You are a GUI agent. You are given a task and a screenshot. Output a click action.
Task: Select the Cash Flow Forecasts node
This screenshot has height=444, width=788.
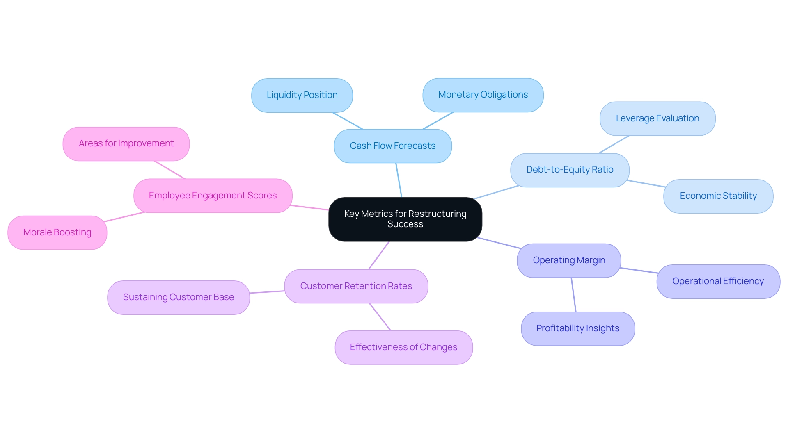click(x=393, y=146)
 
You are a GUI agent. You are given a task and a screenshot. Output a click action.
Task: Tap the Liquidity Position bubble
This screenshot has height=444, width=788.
click(x=302, y=95)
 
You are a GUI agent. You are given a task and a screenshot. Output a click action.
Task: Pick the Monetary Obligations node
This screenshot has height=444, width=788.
click(x=483, y=95)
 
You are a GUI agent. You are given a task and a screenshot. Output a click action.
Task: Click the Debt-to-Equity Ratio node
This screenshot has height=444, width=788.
click(x=570, y=170)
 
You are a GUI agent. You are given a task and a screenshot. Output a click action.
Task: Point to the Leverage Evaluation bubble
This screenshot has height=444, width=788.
click(x=657, y=118)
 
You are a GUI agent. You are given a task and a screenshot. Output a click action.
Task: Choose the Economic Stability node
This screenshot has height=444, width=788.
click(x=718, y=196)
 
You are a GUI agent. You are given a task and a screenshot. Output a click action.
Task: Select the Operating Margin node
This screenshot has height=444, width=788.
click(x=569, y=260)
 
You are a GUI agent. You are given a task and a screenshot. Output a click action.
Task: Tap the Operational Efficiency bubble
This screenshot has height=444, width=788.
click(x=718, y=281)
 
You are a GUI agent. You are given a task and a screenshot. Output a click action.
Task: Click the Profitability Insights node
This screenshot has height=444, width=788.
click(x=578, y=328)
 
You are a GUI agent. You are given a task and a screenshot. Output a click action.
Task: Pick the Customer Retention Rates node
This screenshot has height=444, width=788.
click(x=356, y=286)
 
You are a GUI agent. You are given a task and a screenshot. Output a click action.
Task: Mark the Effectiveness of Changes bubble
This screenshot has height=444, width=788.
click(x=404, y=347)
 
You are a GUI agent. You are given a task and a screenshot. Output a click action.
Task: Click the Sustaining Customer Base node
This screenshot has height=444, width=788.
click(x=179, y=297)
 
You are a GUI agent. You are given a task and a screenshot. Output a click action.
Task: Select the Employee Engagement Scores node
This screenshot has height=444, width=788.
click(x=213, y=196)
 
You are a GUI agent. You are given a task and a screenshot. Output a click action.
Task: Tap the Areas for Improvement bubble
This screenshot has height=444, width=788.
click(x=126, y=143)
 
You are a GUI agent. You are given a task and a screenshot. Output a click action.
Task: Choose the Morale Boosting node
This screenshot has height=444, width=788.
click(x=57, y=232)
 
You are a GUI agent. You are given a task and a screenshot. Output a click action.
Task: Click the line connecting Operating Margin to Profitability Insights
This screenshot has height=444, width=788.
click(x=574, y=295)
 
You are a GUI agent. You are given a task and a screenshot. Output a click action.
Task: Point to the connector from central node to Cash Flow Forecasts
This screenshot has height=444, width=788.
click(x=399, y=180)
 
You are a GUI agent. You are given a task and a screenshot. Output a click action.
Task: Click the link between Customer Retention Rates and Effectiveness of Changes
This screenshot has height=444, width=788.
click(x=380, y=317)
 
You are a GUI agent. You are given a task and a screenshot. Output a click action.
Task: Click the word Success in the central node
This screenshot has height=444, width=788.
click(x=405, y=224)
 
